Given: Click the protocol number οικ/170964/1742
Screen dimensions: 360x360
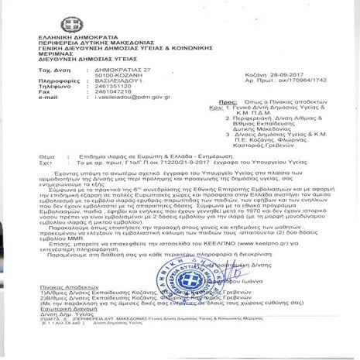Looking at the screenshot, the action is (x=306, y=80).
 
